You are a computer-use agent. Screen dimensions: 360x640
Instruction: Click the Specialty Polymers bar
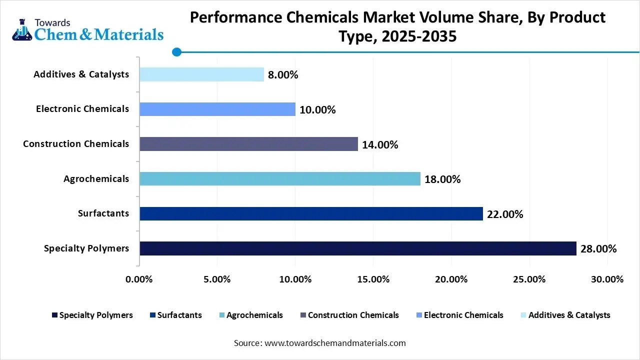click(x=357, y=248)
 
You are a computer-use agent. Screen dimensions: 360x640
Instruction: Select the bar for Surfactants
click(x=311, y=214)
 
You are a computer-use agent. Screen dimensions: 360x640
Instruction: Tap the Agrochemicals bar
click(x=280, y=179)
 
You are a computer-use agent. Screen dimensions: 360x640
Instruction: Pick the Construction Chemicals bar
click(x=248, y=144)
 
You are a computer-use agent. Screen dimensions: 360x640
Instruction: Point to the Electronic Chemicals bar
click(x=217, y=109)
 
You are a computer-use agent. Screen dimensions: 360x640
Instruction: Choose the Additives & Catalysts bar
click(x=201, y=74)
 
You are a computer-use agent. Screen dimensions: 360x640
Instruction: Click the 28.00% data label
click(x=598, y=249)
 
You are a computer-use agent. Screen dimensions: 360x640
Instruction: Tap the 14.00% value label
click(x=380, y=145)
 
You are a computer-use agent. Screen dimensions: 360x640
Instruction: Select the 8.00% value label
click(x=283, y=75)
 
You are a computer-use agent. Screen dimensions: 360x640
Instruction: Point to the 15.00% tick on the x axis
click(x=373, y=279)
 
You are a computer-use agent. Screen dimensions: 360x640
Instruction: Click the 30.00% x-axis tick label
click(x=607, y=279)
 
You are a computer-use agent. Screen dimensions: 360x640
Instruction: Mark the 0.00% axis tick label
click(x=139, y=279)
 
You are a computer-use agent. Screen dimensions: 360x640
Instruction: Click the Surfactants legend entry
click(x=179, y=315)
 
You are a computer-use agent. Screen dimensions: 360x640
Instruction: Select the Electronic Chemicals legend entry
click(x=463, y=315)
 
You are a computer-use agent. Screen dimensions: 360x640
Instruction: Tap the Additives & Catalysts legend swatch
click(x=523, y=315)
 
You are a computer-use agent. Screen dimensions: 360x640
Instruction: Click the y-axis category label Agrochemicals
click(x=96, y=178)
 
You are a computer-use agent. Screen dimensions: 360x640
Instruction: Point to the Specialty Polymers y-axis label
click(x=86, y=248)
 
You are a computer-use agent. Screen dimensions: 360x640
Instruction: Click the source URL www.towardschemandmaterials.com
click(x=334, y=343)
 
